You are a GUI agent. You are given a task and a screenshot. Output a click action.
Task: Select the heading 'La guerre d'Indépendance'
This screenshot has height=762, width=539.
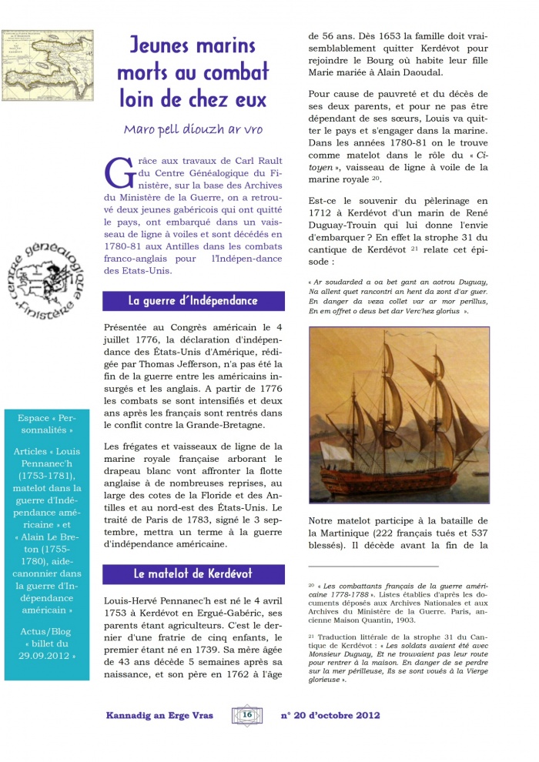pyautogui.click(x=192, y=301)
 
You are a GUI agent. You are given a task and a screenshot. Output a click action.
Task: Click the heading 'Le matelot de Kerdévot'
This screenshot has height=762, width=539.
pyautogui.click(x=192, y=573)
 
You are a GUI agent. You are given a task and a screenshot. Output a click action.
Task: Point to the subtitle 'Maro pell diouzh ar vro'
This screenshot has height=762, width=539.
pyautogui.click(x=192, y=129)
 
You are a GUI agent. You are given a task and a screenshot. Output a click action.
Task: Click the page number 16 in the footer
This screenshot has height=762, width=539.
pyautogui.click(x=248, y=715)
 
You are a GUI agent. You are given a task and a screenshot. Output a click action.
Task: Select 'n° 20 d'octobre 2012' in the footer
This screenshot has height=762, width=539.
pyautogui.click(x=330, y=715)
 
